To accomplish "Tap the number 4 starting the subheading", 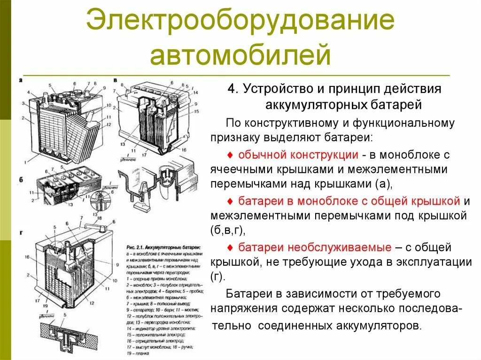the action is pos(231,90).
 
